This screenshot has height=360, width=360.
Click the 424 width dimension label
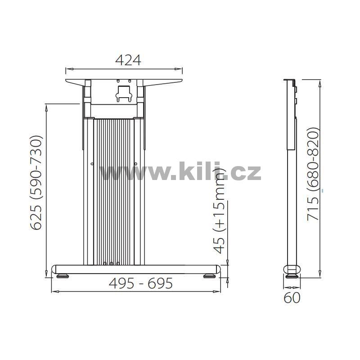point(128,60)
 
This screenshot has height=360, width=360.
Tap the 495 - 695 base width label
point(140,283)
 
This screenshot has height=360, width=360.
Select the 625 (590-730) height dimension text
point(36,183)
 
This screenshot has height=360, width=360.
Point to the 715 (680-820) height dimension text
point(313,174)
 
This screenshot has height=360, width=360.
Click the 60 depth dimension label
point(292,297)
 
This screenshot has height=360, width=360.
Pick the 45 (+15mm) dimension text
point(219,211)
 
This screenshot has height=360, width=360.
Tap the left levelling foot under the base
point(63,276)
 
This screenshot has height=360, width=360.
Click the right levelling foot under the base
point(209,276)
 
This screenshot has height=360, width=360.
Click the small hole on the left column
point(92,164)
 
